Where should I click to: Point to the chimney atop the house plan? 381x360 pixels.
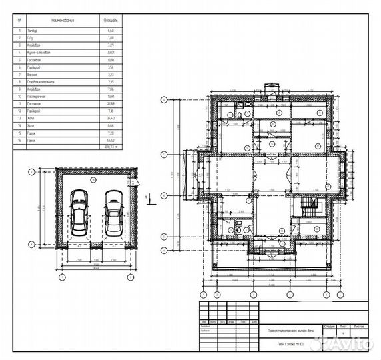pos(269,87)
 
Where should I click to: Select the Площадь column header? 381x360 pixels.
pos(111,21)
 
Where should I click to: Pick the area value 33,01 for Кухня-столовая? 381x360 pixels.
pos(111,51)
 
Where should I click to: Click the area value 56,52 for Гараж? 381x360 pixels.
pos(111,141)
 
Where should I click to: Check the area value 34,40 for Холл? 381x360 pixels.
pos(111,117)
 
